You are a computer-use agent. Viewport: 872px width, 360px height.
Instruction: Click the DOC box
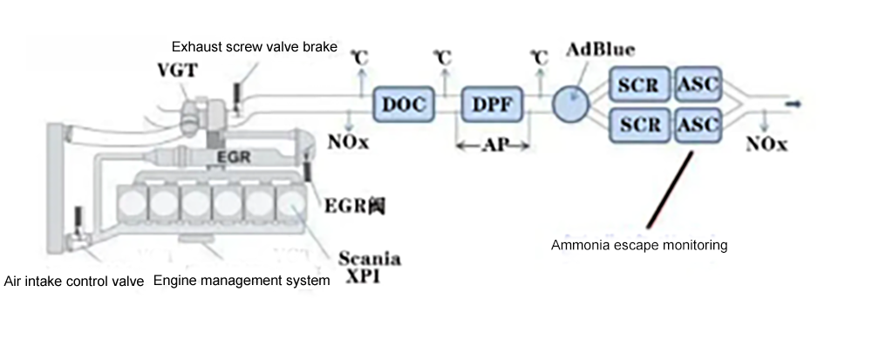(x=403, y=104)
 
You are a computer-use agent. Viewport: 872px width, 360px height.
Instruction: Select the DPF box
(x=494, y=104)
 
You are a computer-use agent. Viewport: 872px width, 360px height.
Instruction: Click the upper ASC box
(x=698, y=85)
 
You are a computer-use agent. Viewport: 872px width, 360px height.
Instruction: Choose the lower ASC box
(x=698, y=126)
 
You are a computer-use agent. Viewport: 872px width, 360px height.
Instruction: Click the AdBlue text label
(x=600, y=49)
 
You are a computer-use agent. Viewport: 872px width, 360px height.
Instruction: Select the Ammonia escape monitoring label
(x=639, y=245)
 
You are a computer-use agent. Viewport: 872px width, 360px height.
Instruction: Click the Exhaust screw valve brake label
(x=254, y=47)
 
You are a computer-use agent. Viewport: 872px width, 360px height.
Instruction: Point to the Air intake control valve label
(x=74, y=281)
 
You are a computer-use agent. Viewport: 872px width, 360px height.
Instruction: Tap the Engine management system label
(x=242, y=281)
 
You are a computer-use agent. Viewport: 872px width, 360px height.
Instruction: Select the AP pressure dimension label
(x=492, y=146)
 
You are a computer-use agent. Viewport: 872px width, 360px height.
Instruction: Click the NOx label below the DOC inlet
(x=349, y=143)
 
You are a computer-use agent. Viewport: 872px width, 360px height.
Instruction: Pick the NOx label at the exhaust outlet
(x=767, y=146)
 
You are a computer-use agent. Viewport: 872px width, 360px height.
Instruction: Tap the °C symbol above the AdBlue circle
(x=538, y=58)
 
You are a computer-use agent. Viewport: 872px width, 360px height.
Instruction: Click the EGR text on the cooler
(x=234, y=158)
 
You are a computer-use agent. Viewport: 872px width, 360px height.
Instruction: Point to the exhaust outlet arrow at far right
(x=794, y=104)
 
